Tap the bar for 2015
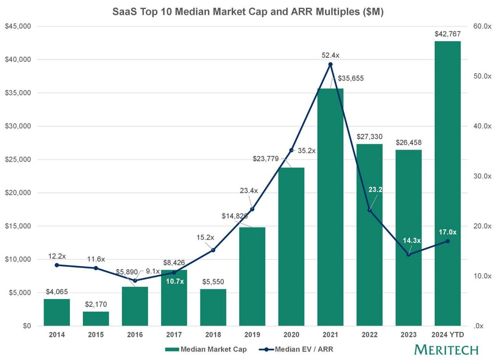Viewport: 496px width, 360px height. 96,318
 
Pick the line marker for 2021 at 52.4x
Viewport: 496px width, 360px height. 330,64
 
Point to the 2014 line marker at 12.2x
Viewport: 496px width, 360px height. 57,265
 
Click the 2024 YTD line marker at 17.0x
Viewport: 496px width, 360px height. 448,241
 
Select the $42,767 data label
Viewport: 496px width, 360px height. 448,34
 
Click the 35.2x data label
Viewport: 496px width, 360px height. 307,151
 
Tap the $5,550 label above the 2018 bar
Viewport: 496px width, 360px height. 213,282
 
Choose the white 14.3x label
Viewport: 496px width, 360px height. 412,241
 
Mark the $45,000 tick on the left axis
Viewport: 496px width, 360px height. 18,26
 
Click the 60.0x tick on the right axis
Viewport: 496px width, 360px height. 482,26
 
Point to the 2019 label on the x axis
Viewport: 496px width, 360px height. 252,335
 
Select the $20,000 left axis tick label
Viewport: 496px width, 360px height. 18,193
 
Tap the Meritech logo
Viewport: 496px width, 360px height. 446,350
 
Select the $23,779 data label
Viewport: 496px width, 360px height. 266,159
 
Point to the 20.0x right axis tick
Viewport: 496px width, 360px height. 482,226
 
